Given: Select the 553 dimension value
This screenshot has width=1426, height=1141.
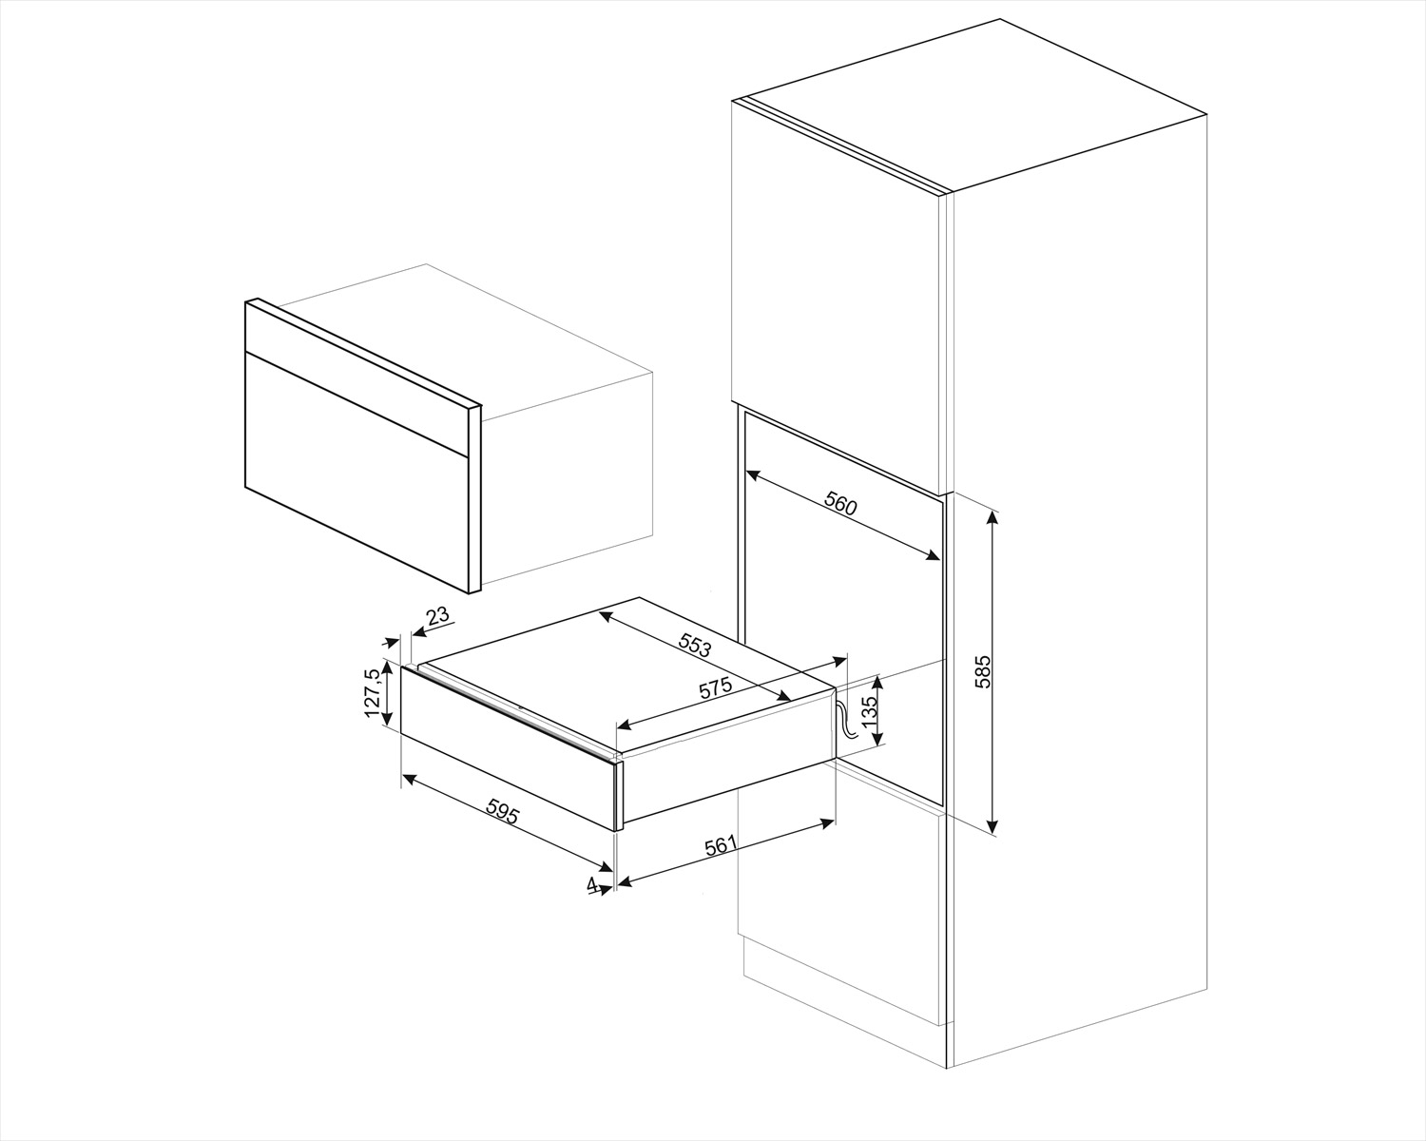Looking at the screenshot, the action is [695, 645].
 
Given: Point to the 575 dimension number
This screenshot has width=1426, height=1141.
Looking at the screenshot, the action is [715, 688].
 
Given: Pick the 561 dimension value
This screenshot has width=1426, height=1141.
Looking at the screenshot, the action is [720, 846].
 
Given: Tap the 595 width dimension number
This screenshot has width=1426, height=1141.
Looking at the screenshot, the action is [503, 811].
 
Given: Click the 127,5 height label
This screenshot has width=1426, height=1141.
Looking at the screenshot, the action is [372, 692].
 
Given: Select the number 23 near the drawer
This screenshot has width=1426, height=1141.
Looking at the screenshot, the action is [438, 616].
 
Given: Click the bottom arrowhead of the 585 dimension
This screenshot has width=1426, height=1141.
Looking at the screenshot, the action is [992, 826].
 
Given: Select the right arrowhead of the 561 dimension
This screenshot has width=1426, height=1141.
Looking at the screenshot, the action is [828, 822].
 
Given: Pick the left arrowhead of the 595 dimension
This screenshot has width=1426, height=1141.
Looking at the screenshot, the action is [410, 779].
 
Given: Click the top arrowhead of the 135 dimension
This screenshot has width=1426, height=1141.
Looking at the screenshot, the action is [878, 683].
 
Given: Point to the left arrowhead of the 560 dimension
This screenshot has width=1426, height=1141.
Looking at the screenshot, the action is [753, 474].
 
